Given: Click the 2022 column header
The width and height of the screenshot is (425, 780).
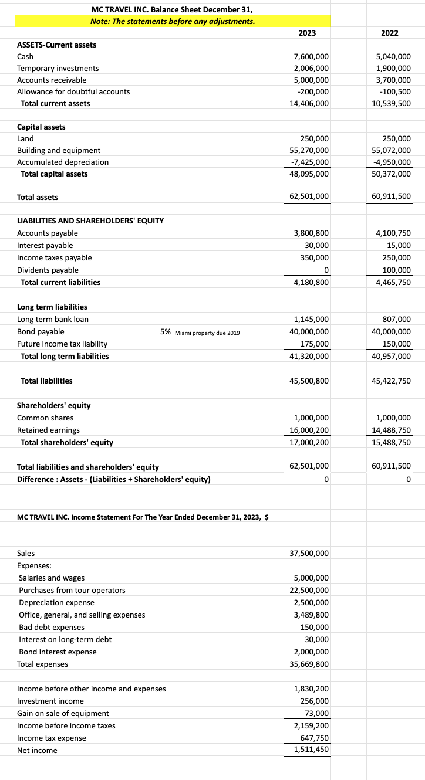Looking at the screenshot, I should click(389, 33).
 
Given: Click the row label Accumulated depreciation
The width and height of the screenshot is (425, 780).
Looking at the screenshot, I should click(63, 162).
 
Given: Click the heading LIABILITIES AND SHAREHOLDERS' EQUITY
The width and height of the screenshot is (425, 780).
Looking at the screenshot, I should click(90, 221).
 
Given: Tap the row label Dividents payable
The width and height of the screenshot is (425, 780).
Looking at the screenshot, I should click(48, 270).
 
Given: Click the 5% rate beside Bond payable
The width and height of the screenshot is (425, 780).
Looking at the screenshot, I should click(166, 332).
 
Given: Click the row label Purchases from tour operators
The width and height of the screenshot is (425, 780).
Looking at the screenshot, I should click(72, 590).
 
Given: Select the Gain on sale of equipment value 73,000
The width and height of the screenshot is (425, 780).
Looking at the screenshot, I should click(316, 713).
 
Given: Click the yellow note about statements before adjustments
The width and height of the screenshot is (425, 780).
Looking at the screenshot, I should click(173, 21).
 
